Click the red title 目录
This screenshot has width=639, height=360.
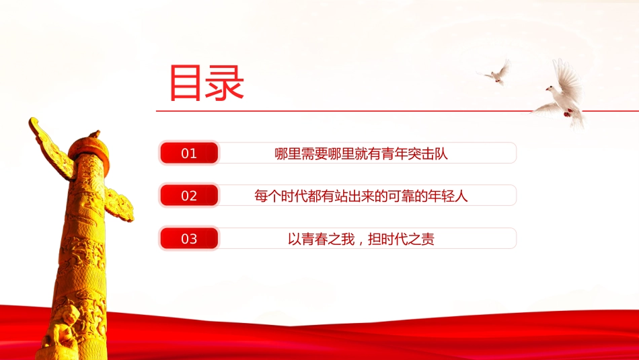click(x=206, y=83)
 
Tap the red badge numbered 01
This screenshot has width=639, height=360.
click(x=189, y=153)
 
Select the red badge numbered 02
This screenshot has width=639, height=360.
click(x=189, y=195)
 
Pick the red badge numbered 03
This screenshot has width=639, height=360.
click(x=189, y=238)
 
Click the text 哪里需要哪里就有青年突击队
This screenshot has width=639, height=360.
click(x=361, y=153)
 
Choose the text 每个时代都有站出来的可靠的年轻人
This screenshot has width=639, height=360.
click(x=361, y=196)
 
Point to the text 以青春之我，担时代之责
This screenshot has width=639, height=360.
click(x=361, y=239)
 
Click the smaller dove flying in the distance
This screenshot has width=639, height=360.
click(x=496, y=73)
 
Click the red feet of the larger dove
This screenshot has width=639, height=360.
click(x=568, y=112)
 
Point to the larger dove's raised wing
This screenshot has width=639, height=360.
click(x=568, y=77)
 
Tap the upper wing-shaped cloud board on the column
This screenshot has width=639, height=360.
click(x=51, y=147)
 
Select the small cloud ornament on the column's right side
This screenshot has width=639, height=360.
click(x=120, y=205)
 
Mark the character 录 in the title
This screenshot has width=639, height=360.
click(x=225, y=83)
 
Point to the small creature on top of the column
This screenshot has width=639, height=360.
click(x=95, y=134)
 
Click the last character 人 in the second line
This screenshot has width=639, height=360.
click(x=461, y=196)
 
